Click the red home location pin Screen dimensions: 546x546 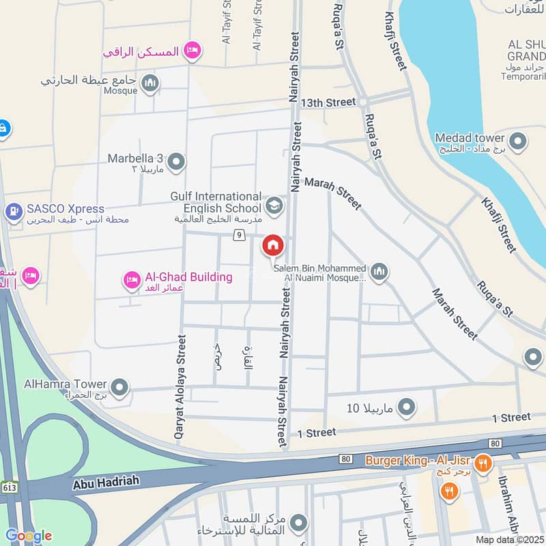(273, 246)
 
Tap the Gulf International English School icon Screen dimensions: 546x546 (274, 206)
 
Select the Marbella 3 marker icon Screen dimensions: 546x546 (176, 162)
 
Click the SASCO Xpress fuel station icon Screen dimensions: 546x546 (14, 212)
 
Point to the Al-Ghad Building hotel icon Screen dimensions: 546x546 (132, 279)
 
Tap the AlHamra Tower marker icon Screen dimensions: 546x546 (119, 388)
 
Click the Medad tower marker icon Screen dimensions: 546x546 (518, 143)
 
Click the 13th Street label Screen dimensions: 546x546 (331, 102)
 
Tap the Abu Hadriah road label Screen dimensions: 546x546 (106, 482)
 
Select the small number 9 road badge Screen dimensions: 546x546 (238, 235)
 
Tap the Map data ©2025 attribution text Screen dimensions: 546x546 (508, 539)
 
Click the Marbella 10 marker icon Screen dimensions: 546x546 (407, 407)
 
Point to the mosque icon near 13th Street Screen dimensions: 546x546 (150, 84)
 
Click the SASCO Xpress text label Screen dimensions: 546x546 (66, 209)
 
